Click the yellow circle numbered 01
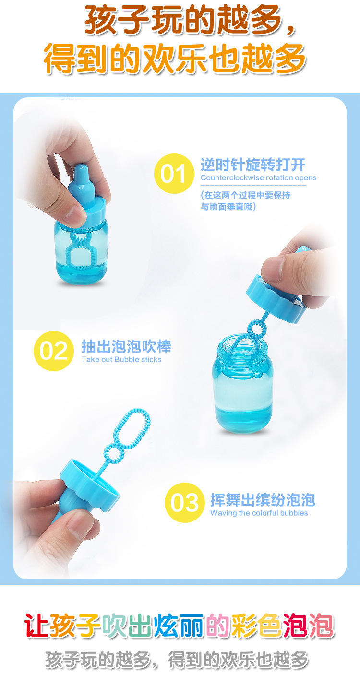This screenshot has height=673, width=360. pyautogui.click(x=174, y=173)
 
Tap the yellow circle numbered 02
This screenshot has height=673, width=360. pyautogui.click(x=53, y=351)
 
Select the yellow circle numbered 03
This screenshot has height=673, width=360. pyautogui.click(x=184, y=503)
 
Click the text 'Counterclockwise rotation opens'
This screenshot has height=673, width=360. pyautogui.click(x=258, y=178)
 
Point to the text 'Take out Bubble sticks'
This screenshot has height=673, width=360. pyautogui.click(x=121, y=360)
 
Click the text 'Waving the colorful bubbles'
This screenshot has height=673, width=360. pyautogui.click(x=259, y=513)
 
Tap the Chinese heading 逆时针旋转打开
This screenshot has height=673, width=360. pyautogui.click(x=253, y=165)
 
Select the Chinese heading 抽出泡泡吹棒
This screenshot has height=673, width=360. pyautogui.click(x=126, y=346)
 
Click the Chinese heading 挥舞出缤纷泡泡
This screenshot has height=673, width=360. pyautogui.click(x=263, y=500)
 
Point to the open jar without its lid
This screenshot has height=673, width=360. pyautogui.click(x=242, y=384)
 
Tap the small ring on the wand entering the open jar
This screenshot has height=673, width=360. pyautogui.click(x=256, y=329)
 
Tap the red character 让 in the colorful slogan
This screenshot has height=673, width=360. pyautogui.click(x=36, y=626)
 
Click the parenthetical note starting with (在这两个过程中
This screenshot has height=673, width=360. pyautogui.click(x=245, y=201)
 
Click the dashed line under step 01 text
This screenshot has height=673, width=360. pyautogui.click(x=253, y=185)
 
